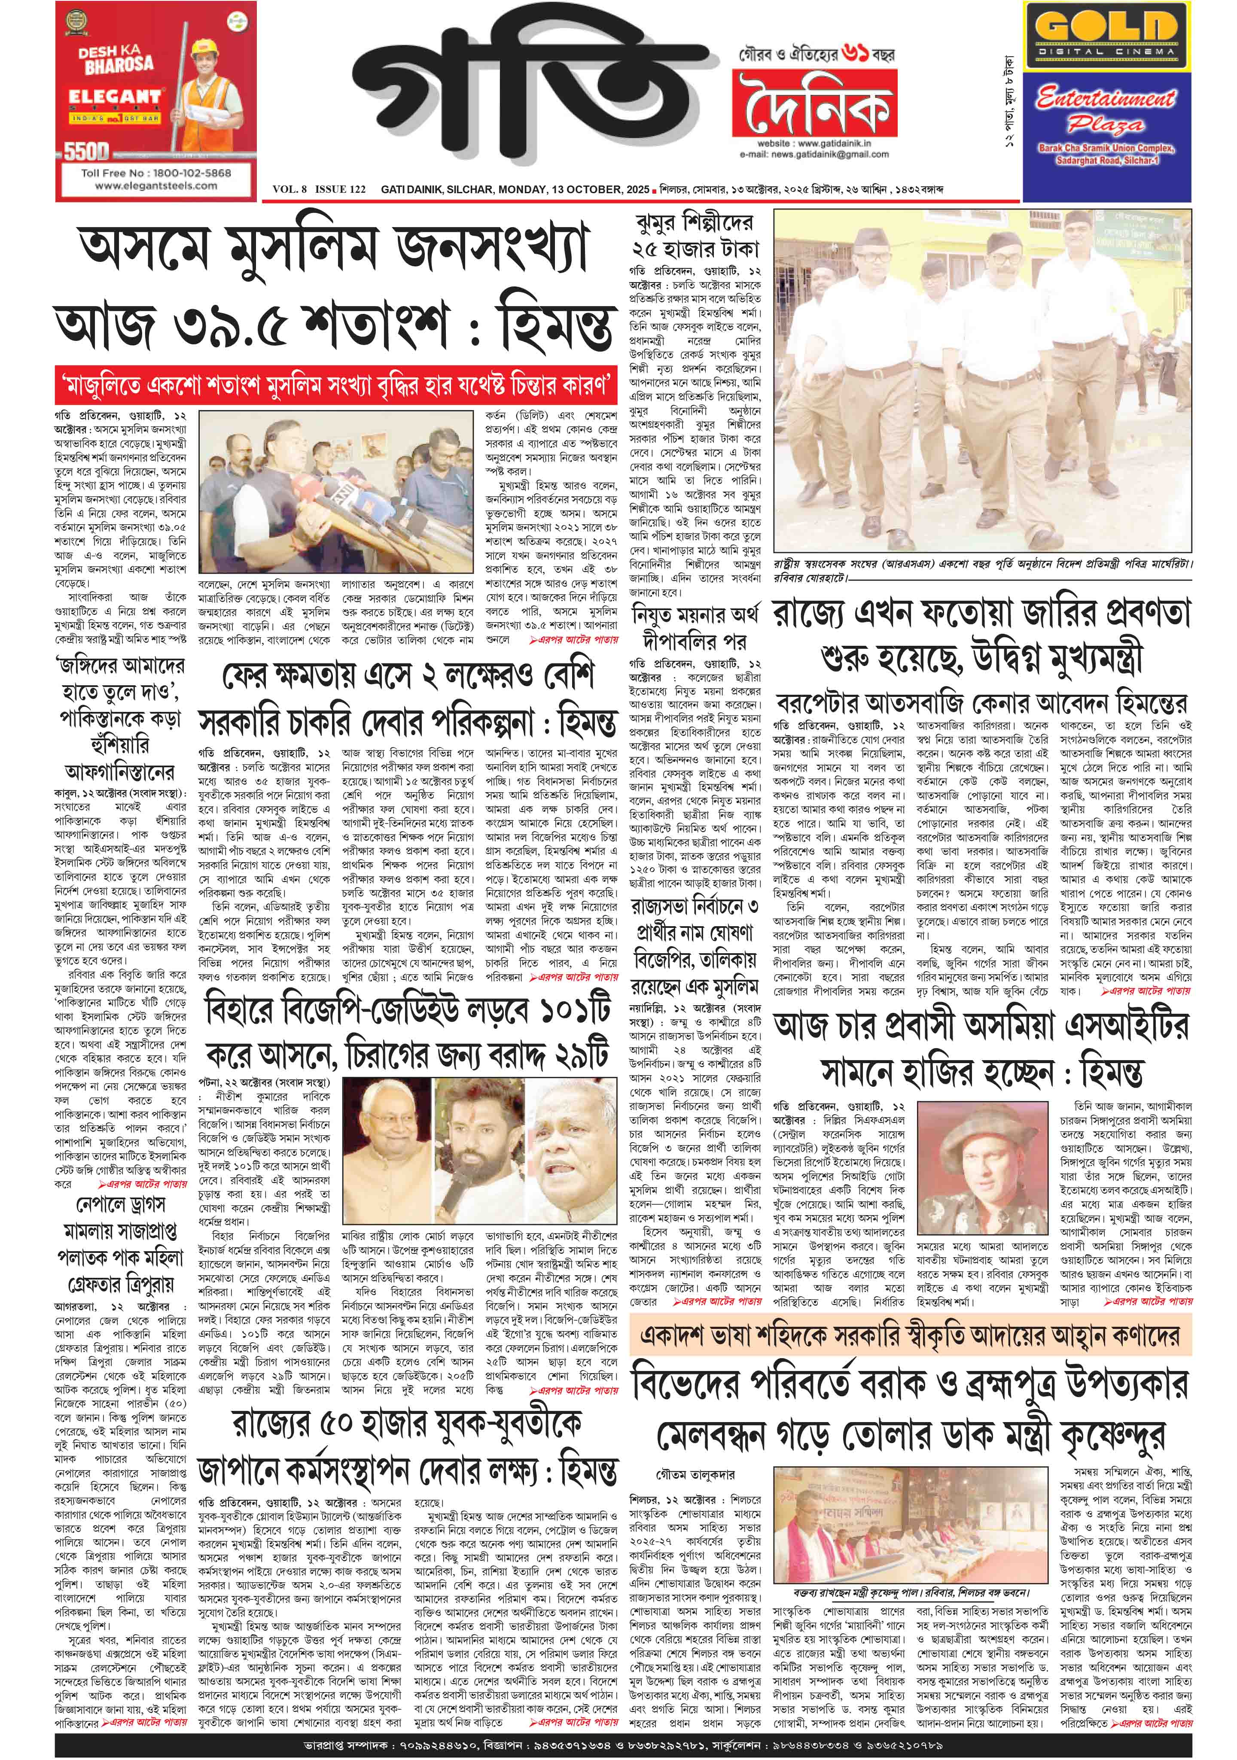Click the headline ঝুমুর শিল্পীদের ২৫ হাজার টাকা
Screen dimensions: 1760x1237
click(695, 236)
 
